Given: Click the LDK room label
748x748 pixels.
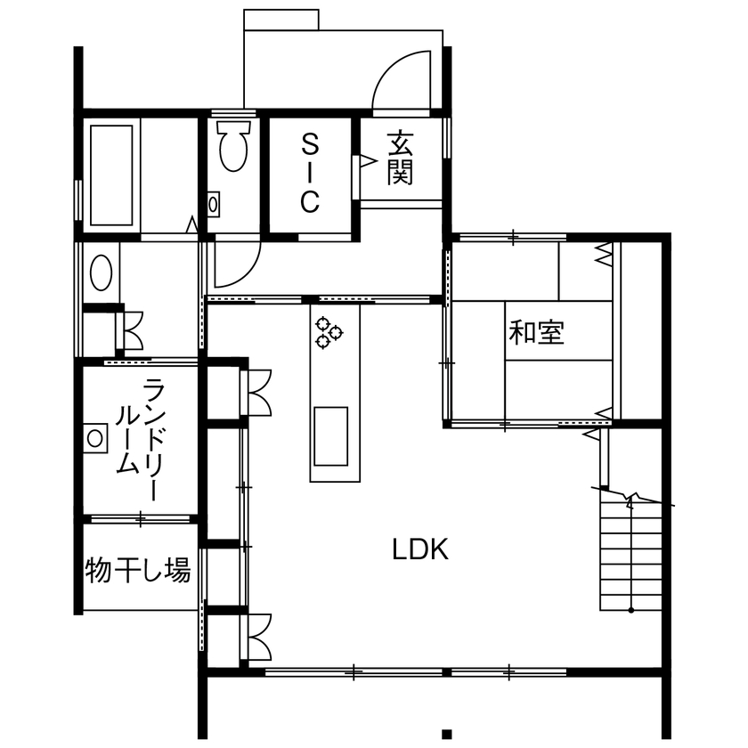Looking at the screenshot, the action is click(x=420, y=549).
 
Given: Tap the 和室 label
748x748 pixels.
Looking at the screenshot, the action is click(x=537, y=332).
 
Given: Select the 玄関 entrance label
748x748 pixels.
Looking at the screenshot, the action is click(x=400, y=158).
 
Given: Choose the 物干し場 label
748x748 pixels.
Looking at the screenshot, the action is click(x=138, y=570).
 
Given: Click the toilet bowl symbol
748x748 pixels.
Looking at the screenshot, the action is click(x=233, y=146).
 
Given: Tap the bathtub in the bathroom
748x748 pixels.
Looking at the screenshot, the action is click(x=111, y=175).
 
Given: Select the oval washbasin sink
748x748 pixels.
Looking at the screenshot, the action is click(x=102, y=272).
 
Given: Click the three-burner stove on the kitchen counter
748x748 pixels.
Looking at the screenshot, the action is click(x=329, y=332).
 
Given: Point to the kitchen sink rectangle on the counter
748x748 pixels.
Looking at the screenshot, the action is click(x=330, y=436).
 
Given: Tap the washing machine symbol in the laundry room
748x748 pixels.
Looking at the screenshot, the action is click(x=94, y=438).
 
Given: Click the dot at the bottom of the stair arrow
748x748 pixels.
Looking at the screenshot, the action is click(x=631, y=610).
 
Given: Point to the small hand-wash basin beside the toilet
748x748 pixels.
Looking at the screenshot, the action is click(x=213, y=205).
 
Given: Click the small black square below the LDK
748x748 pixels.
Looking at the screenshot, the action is click(x=446, y=734).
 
